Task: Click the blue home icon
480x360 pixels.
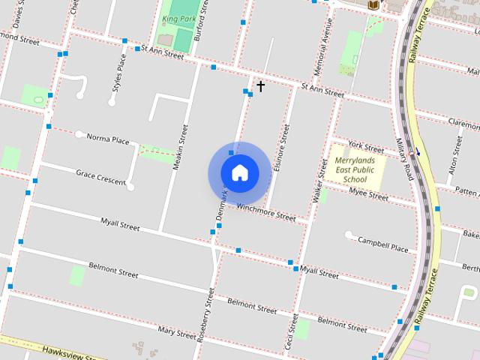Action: [x=240, y=172]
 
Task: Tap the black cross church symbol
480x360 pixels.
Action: [x=260, y=86]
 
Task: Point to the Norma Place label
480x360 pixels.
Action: [x=108, y=139]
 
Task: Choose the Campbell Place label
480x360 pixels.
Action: [x=382, y=244]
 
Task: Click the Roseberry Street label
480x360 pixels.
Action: [x=205, y=315]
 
